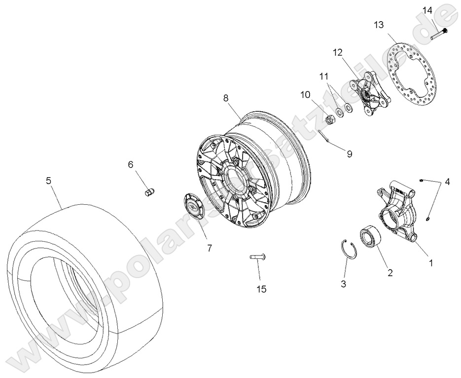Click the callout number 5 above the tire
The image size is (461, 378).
pos(48,181)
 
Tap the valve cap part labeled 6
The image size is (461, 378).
pos(148,192)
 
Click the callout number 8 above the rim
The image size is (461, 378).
pos(226,98)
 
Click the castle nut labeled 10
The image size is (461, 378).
pos(332,118)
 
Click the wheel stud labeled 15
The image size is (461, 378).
pos(258,256)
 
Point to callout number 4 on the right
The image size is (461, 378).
pos(447,182)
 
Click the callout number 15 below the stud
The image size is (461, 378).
pos(261,289)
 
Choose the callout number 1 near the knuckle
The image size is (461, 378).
pos(430,263)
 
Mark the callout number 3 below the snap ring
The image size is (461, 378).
pos(344,283)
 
